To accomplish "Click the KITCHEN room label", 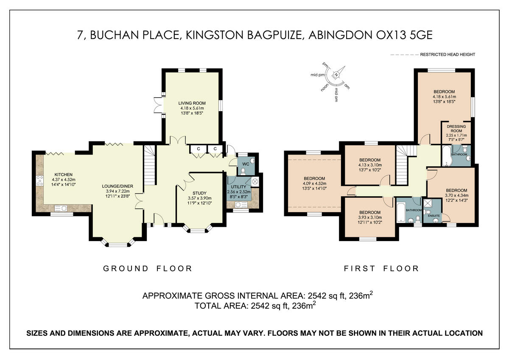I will (x=63, y=174).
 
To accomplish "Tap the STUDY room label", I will (x=199, y=193).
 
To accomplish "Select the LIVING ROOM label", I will (x=192, y=103).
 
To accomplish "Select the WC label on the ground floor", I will (x=245, y=163).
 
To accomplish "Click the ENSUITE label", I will (x=433, y=216).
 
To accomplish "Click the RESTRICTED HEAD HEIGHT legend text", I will (x=447, y=55).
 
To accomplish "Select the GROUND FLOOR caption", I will (x=148, y=268).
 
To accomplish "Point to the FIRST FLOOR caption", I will (x=381, y=268).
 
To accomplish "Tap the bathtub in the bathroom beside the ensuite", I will (x=401, y=211).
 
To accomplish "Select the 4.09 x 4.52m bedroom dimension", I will (x=314, y=184).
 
